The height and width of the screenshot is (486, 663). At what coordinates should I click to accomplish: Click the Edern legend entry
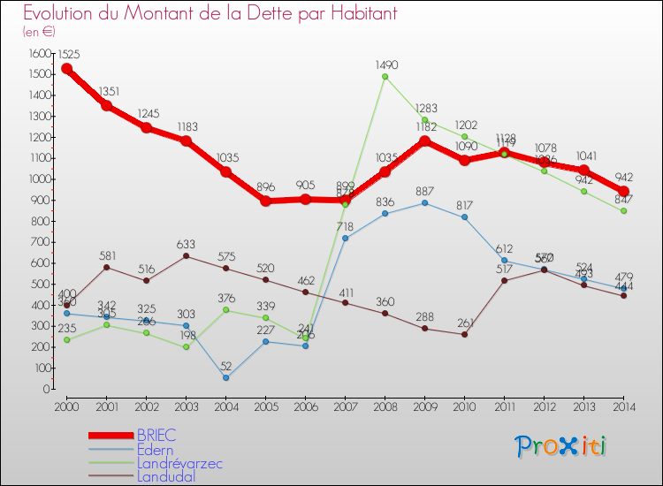click(x=156, y=449)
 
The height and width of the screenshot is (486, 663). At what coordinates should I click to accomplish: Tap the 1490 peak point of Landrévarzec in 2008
click(x=385, y=77)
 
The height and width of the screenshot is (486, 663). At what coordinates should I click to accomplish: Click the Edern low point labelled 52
click(x=225, y=378)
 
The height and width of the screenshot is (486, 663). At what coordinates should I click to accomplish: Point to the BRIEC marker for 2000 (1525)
click(x=66, y=69)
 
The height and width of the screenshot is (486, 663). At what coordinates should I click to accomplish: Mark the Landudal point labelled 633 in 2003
click(x=186, y=256)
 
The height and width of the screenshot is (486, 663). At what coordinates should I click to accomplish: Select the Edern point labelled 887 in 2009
click(x=424, y=203)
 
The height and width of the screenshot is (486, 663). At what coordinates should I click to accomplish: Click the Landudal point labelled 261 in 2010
click(x=464, y=334)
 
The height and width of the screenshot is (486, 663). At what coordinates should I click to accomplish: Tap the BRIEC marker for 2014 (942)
click(x=623, y=192)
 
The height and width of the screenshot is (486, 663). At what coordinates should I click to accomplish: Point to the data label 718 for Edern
click(x=345, y=226)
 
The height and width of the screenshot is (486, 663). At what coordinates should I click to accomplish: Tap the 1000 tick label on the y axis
click(x=36, y=179)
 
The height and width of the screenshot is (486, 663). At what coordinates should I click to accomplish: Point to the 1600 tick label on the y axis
click(x=36, y=54)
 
